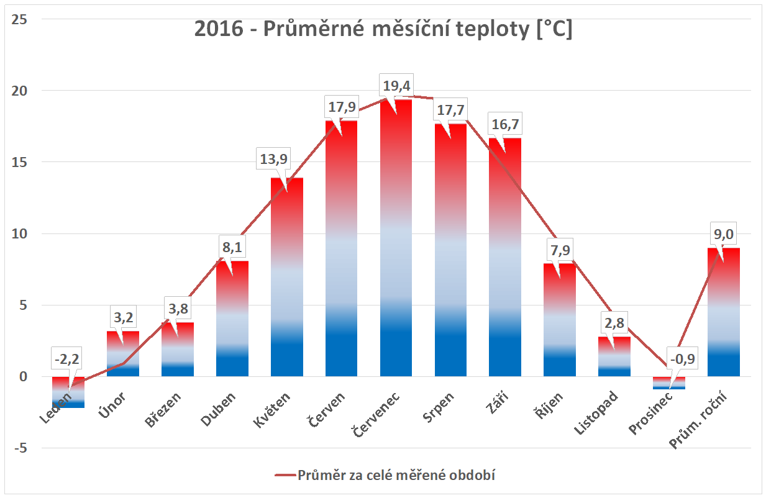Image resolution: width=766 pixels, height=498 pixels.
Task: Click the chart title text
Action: point(383,30)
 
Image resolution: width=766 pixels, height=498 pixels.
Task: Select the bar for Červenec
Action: point(396,248)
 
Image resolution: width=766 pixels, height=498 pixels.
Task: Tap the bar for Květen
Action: point(287,279)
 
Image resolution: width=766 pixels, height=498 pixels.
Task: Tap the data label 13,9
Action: point(273,160)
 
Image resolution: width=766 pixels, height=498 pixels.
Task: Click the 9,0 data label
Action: point(723,235)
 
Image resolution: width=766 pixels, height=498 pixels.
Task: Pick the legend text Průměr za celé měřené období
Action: point(399,476)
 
